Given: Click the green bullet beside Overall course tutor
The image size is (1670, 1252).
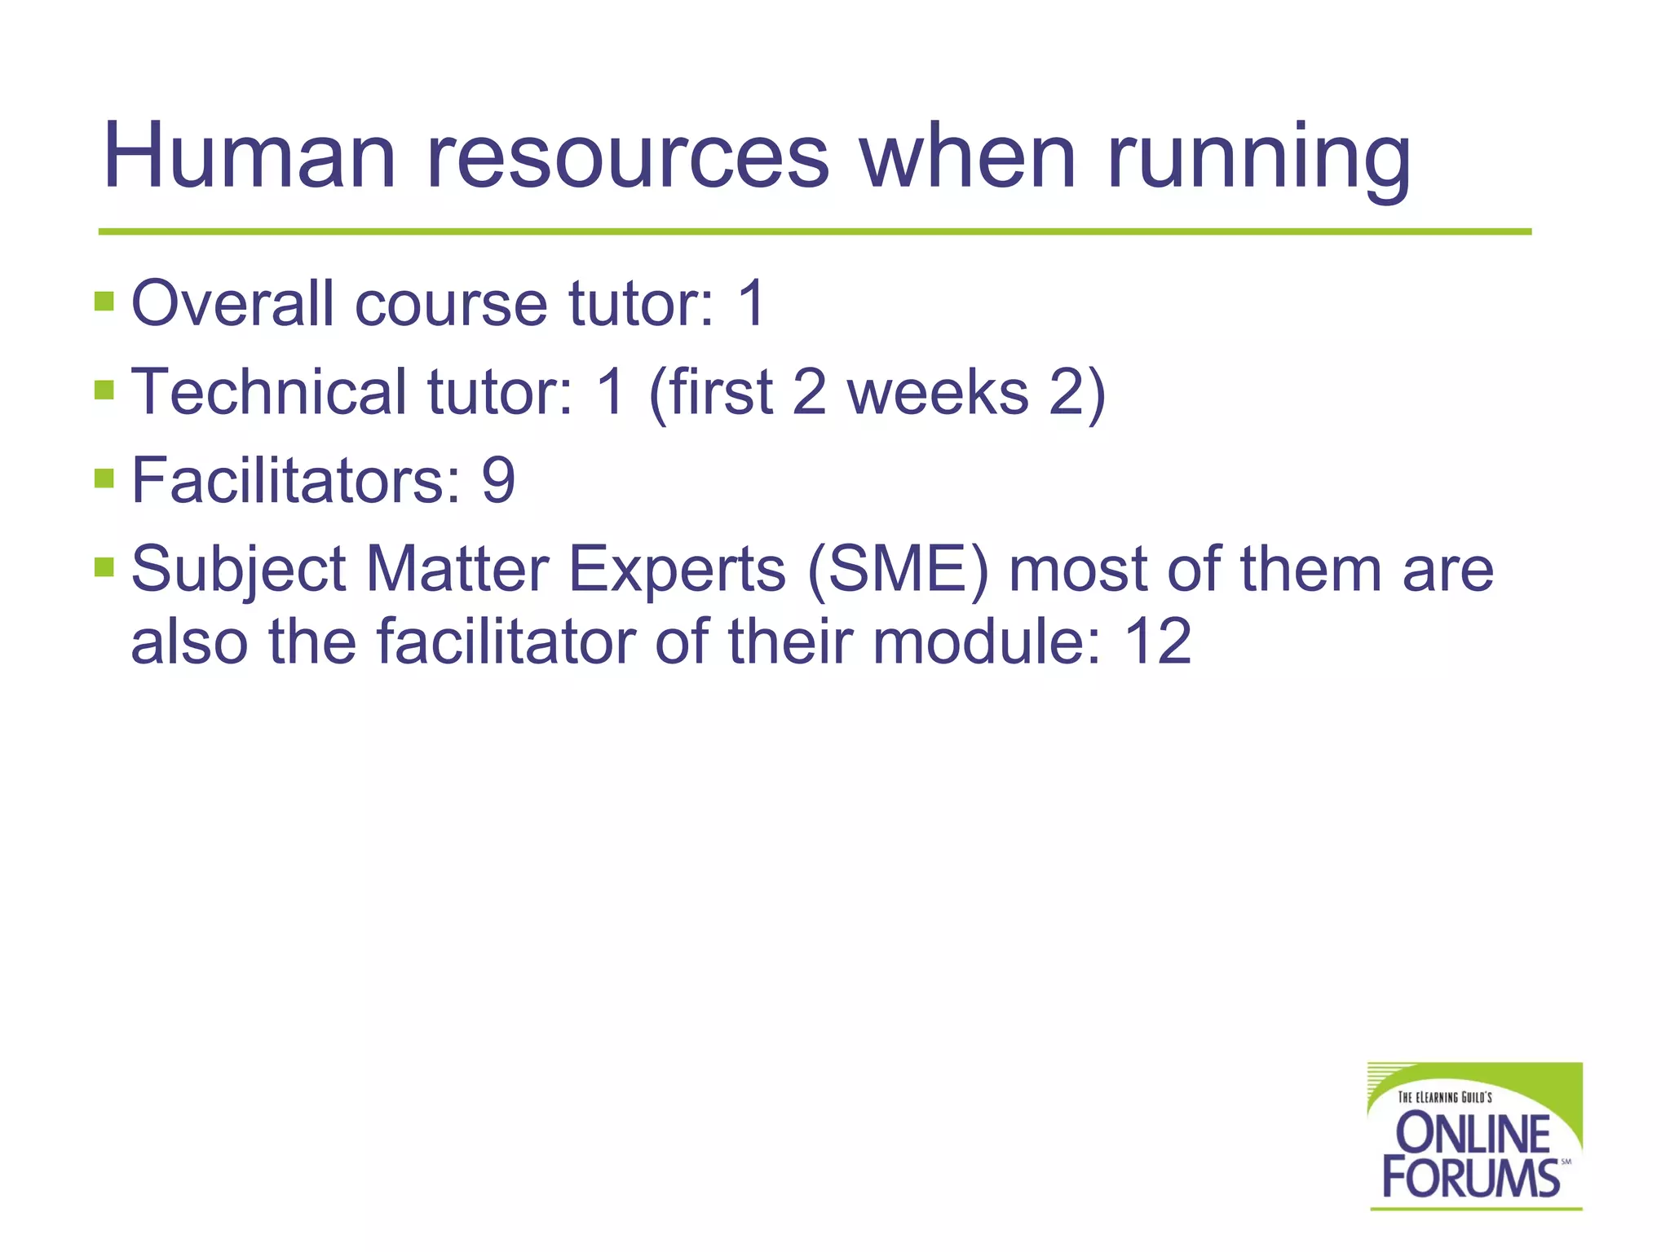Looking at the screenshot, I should click(104, 302).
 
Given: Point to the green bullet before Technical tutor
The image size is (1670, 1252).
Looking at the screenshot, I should click(104, 390).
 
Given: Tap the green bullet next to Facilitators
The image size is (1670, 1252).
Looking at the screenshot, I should click(104, 478).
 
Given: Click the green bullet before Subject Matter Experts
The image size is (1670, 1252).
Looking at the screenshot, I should click(104, 566).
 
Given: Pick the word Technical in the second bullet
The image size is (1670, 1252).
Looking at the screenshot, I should click(269, 391).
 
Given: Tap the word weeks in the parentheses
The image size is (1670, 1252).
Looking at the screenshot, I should click(938, 391).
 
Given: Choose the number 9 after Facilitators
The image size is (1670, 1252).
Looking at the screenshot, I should click(498, 479).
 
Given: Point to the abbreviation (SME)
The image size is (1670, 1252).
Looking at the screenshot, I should click(897, 569).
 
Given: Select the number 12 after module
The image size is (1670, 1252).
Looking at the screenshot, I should click(1158, 641).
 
